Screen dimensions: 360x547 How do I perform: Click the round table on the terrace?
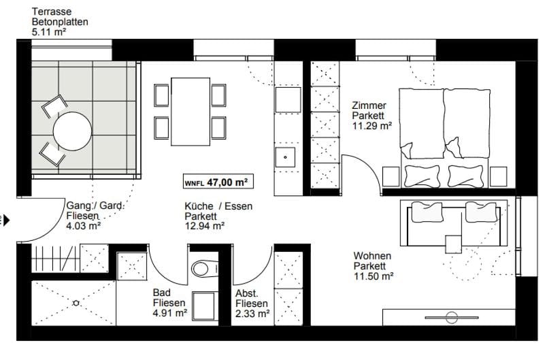click(x=72, y=131)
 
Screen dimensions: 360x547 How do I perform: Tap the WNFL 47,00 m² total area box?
click(x=215, y=182)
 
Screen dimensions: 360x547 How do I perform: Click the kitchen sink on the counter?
click(x=284, y=157)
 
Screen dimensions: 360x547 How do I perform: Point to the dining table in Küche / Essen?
click(x=190, y=112)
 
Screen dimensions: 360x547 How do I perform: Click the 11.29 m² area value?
click(x=371, y=126)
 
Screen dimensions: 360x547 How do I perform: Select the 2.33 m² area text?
click(x=252, y=314)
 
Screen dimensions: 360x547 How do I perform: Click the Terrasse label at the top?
click(x=51, y=12)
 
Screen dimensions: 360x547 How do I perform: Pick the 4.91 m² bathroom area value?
click(x=170, y=314)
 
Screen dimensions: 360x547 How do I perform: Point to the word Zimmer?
click(x=369, y=105)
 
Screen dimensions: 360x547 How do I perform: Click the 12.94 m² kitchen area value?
click(x=204, y=227)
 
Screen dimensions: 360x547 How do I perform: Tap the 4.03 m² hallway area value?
click(x=83, y=227)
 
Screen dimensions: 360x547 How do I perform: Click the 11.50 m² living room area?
click(x=374, y=276)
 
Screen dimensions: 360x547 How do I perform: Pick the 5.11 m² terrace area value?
click(x=49, y=31)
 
